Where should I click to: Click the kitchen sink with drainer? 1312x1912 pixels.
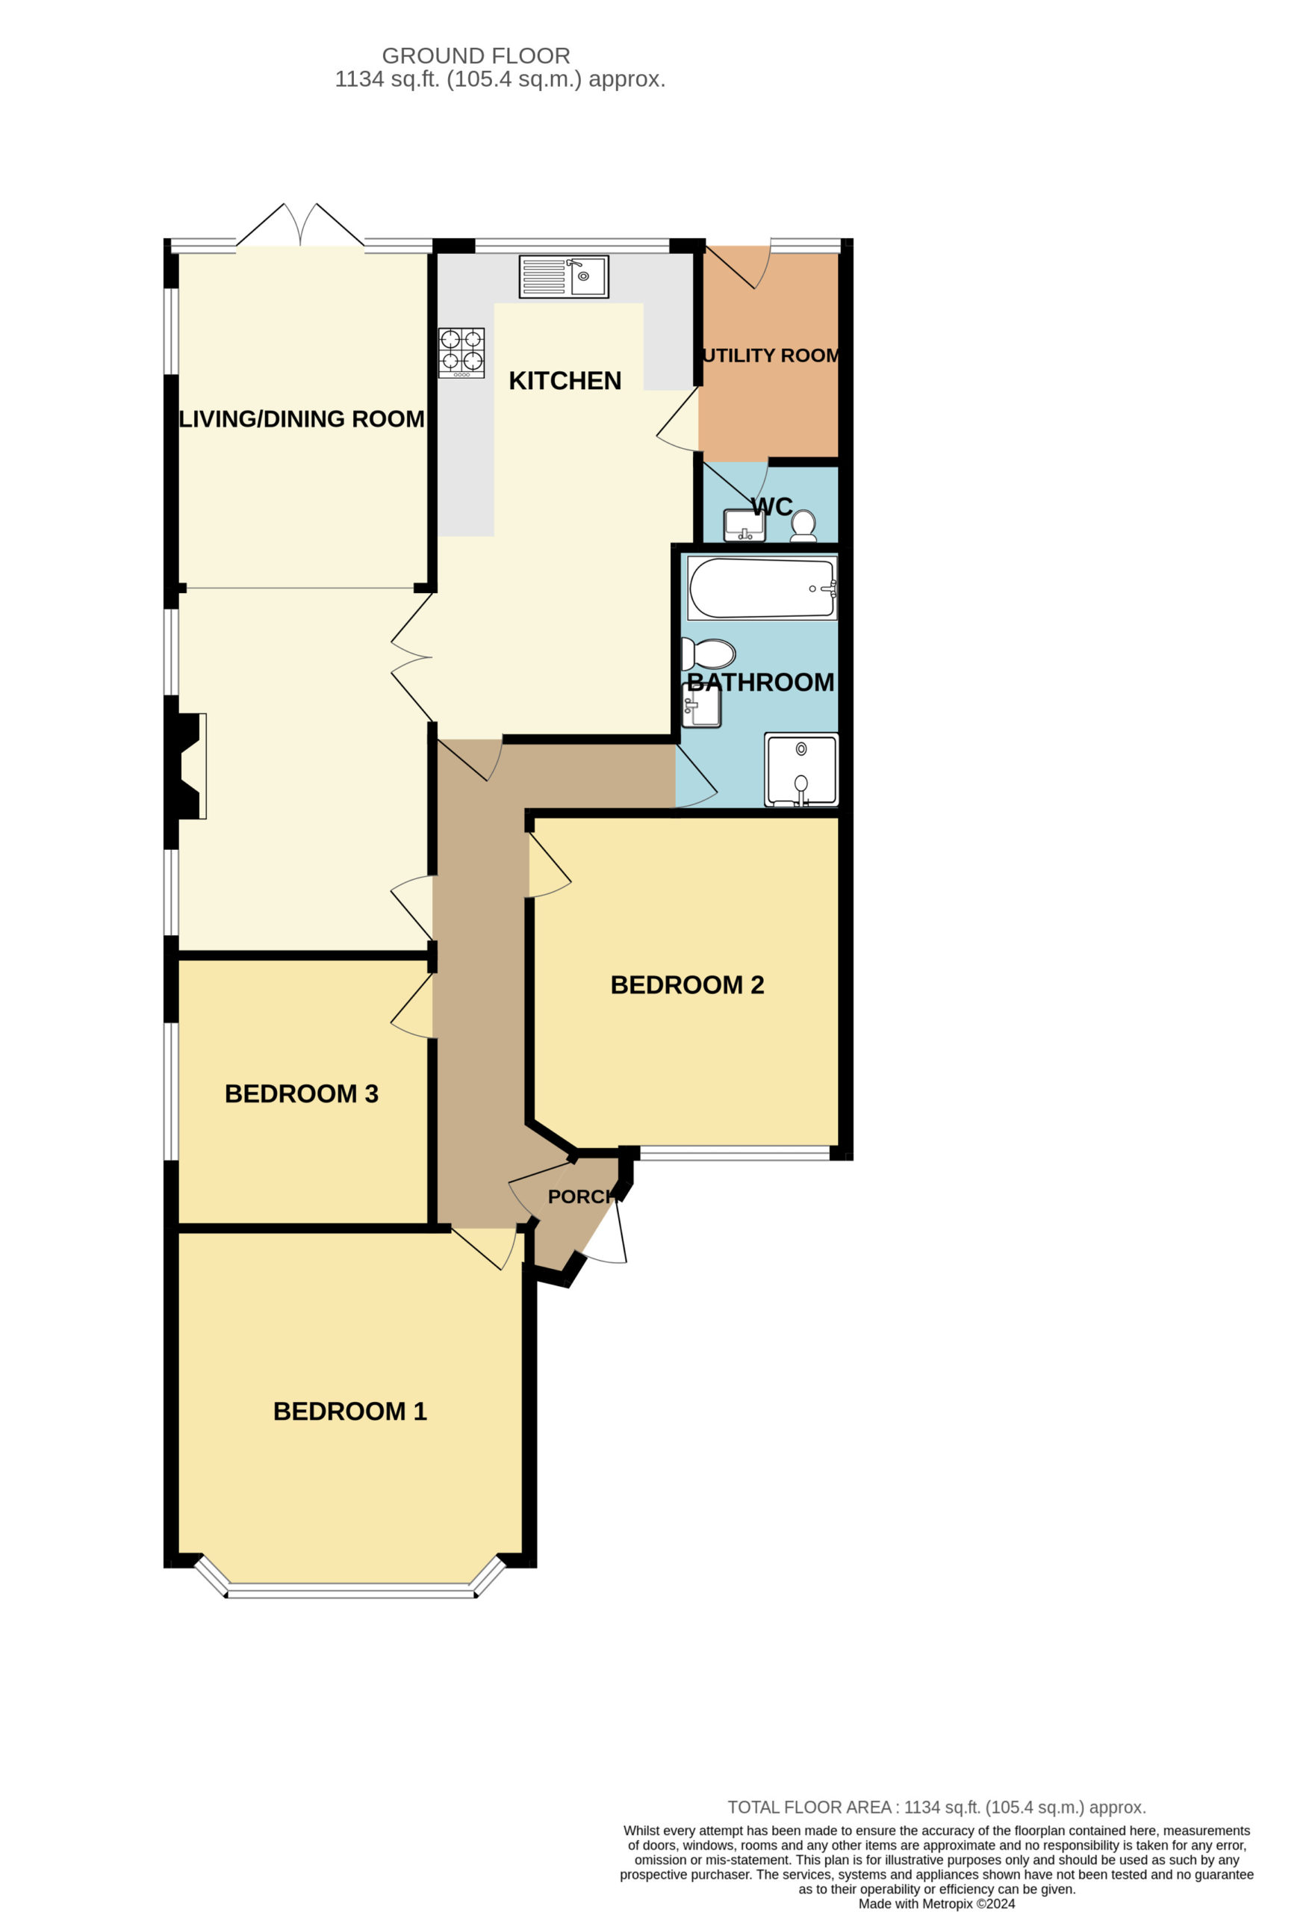click(x=564, y=276)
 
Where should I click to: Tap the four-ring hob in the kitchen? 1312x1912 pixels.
click(x=461, y=353)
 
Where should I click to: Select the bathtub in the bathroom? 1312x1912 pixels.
click(x=762, y=589)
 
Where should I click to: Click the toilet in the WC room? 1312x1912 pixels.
click(x=803, y=525)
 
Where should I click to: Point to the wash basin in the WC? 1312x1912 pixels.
click(x=744, y=526)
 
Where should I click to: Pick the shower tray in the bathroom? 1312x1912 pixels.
click(x=802, y=770)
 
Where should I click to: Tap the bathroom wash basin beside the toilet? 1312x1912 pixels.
click(x=702, y=706)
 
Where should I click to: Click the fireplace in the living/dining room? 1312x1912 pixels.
click(x=187, y=766)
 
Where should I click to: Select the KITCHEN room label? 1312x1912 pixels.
click(x=565, y=381)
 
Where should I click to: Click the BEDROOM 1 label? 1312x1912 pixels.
click(x=349, y=1412)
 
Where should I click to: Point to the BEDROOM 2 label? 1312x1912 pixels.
click(x=688, y=985)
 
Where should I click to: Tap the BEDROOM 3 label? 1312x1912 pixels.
click(x=302, y=1093)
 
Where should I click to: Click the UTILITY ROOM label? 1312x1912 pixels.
click(x=771, y=356)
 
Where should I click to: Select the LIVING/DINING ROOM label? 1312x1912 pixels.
click(x=302, y=419)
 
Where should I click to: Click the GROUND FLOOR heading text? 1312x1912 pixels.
click(x=476, y=56)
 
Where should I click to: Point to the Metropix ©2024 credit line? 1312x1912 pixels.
click(x=937, y=1904)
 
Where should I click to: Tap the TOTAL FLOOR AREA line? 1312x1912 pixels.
click(x=937, y=1807)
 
